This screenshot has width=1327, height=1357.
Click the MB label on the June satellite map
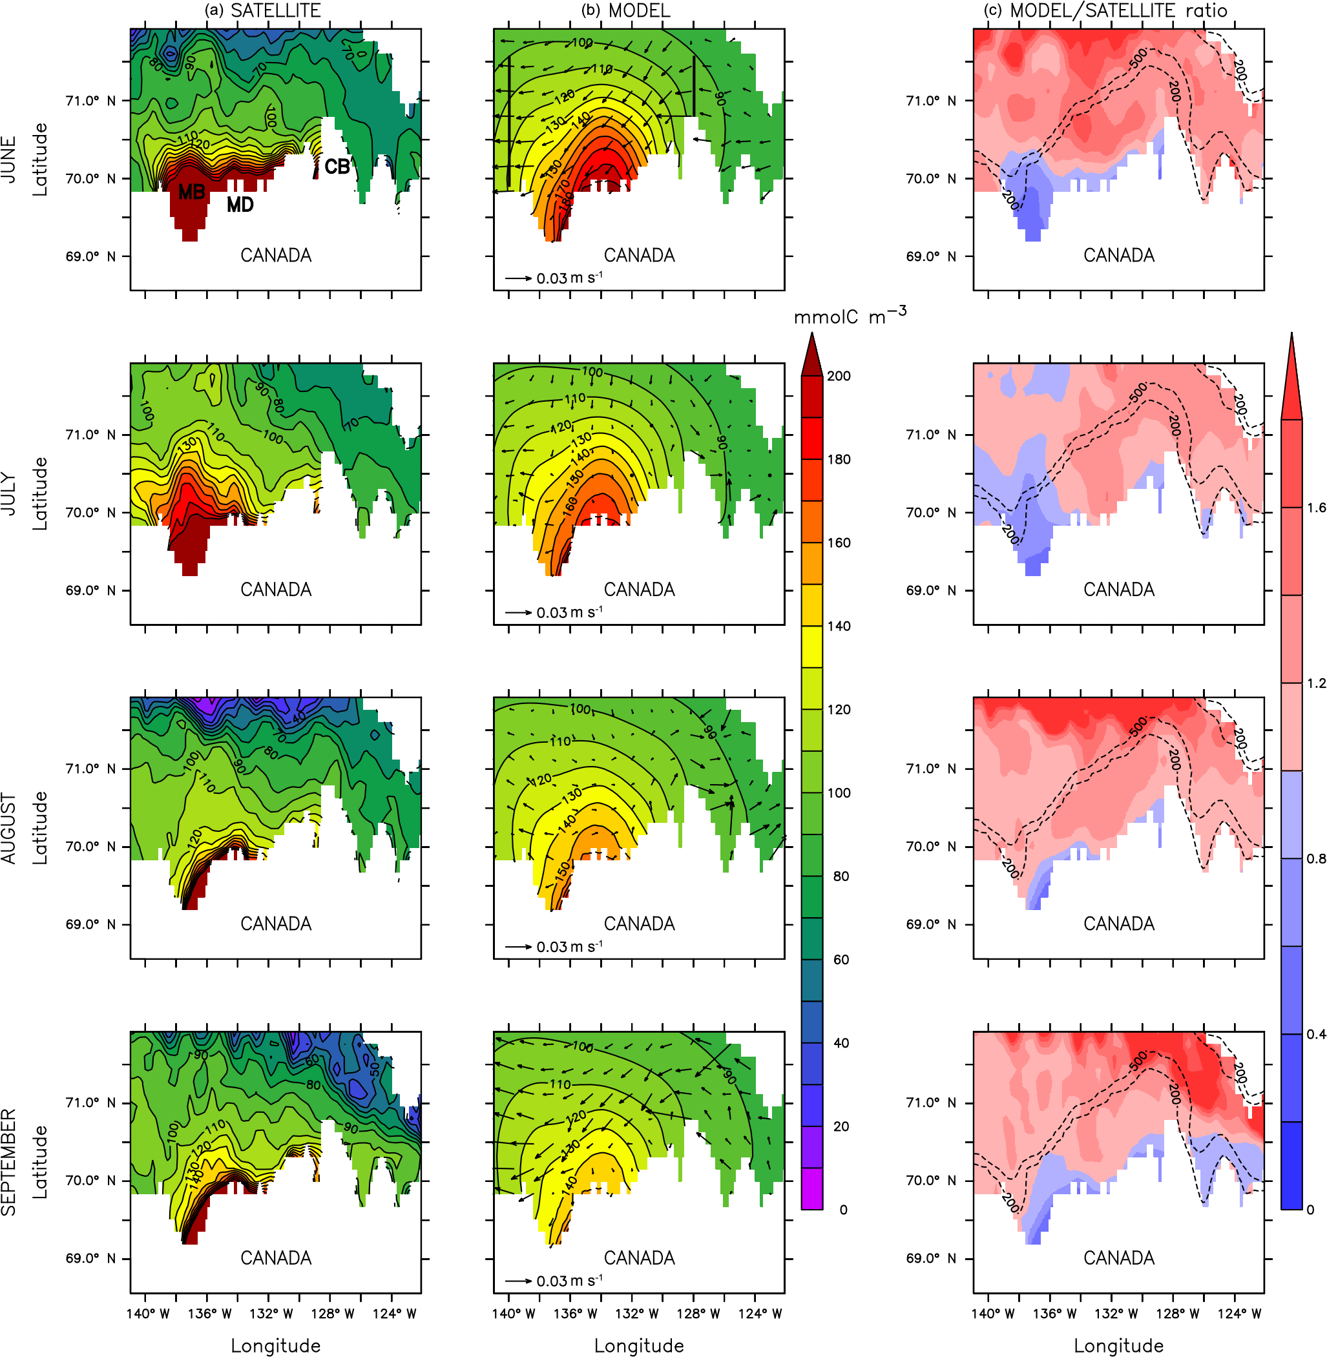(192, 192)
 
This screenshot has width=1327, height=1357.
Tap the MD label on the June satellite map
(240, 205)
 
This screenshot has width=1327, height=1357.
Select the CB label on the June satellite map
(337, 167)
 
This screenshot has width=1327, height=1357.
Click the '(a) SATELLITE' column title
(263, 10)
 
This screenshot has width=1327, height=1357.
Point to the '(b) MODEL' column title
(626, 10)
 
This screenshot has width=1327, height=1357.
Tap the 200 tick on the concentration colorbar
(839, 376)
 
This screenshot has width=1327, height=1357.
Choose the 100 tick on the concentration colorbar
(839, 792)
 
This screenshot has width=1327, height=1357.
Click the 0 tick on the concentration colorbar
(843, 1210)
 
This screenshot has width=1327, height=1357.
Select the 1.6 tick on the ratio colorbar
(1316, 508)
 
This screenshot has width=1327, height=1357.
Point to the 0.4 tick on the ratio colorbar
(1316, 1035)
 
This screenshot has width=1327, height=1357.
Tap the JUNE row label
(9, 160)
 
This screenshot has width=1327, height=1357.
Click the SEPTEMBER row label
(9, 1163)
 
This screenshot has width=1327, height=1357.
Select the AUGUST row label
(9, 828)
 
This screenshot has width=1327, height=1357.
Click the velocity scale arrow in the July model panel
(519, 613)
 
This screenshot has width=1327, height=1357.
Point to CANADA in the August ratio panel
(1118, 924)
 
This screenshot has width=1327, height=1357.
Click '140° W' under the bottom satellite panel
(148, 1314)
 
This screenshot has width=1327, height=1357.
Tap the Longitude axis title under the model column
(639, 1346)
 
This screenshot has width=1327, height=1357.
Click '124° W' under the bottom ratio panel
(1238, 1314)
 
